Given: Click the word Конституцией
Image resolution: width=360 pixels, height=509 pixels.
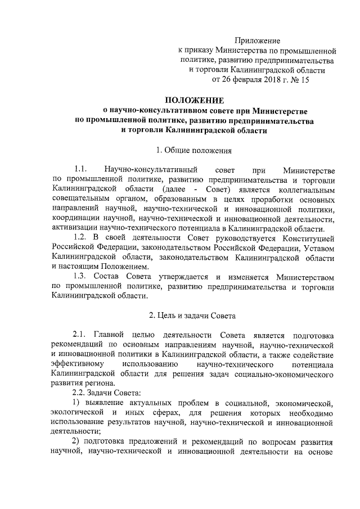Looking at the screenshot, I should click(x=311, y=238).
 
